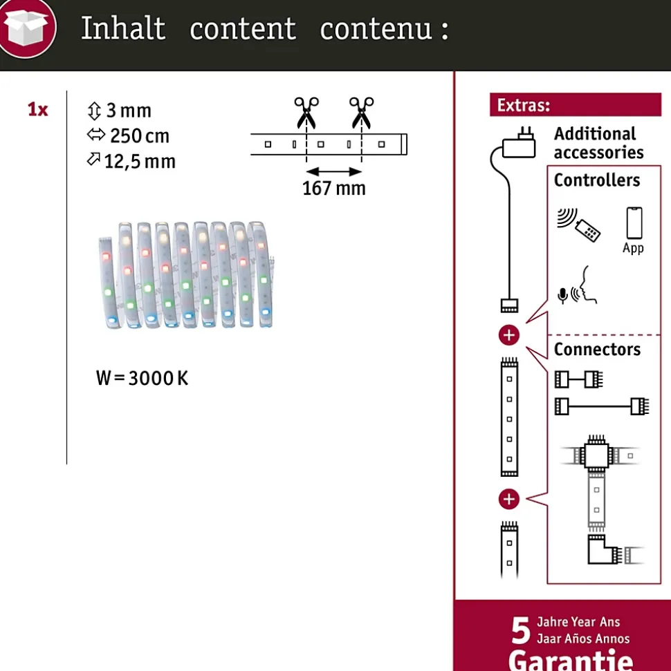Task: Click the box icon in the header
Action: (x=28, y=28)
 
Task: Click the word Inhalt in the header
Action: (x=123, y=28)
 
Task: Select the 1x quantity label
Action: (x=38, y=110)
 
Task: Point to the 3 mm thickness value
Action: (x=129, y=111)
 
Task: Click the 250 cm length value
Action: (x=140, y=136)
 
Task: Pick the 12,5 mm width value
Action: (x=140, y=162)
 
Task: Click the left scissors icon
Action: (x=306, y=113)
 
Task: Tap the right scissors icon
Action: (x=361, y=113)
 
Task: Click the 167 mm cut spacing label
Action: (x=334, y=188)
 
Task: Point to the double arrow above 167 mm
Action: (x=334, y=171)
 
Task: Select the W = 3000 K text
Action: (x=142, y=378)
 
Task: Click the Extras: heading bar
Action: (x=576, y=104)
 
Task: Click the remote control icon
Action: (x=587, y=230)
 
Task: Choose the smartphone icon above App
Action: (x=634, y=223)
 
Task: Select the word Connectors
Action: (x=597, y=350)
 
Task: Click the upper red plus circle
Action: (x=509, y=335)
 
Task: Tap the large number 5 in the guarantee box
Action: (x=521, y=631)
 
